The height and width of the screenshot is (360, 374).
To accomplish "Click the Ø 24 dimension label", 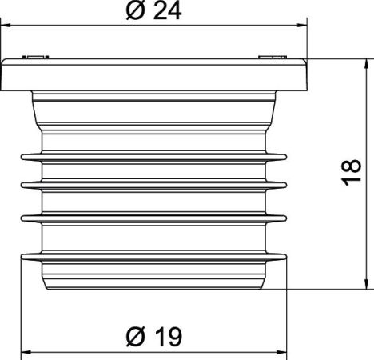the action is (x=153, y=11).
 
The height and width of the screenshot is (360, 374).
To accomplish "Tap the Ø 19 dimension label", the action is (x=154, y=337).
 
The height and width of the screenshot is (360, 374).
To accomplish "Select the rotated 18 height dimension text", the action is (x=351, y=173).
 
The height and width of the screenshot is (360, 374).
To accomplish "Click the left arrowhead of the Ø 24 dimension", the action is (x=6, y=26).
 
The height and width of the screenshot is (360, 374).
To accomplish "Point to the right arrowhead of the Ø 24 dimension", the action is (x=302, y=26).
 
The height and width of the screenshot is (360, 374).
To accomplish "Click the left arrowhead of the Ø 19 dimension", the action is (x=26, y=352).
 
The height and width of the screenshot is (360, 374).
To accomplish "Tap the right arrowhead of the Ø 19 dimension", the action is (x=281, y=352).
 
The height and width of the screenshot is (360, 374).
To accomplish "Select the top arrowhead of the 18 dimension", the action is (x=367, y=63).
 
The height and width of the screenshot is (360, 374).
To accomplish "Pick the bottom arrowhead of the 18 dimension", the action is (x=367, y=284).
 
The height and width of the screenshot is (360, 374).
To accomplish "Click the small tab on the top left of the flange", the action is (x=35, y=57).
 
